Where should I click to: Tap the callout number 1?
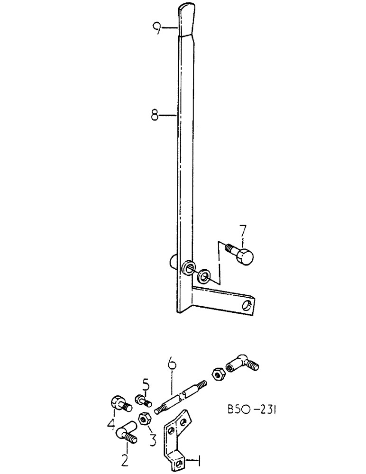point(201,459)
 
